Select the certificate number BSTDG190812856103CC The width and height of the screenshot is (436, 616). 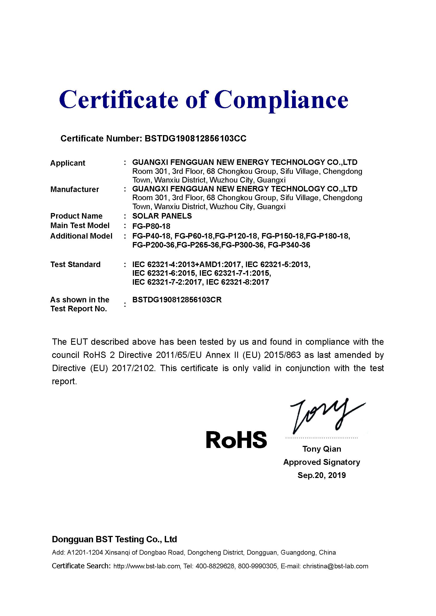pos(195,139)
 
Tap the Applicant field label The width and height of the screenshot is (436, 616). pos(68,163)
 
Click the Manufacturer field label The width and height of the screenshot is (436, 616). pos(75,189)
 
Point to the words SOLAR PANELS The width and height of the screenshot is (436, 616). pos(162,216)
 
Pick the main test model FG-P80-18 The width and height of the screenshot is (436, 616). pos(151,226)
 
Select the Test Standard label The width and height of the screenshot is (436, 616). pos(75,264)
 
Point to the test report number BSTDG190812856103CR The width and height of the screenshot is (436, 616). pos(177,300)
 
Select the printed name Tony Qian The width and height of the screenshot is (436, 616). pos(322,449)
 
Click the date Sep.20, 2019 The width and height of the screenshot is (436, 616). pos(322,475)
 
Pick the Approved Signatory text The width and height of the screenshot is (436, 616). pos(322,462)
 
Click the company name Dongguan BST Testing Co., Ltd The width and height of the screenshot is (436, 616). pos(114,539)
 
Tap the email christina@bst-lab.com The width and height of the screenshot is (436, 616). pos(335,566)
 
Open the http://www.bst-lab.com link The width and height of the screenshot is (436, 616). pos(147,566)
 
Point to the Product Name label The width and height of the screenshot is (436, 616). pos(76,216)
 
